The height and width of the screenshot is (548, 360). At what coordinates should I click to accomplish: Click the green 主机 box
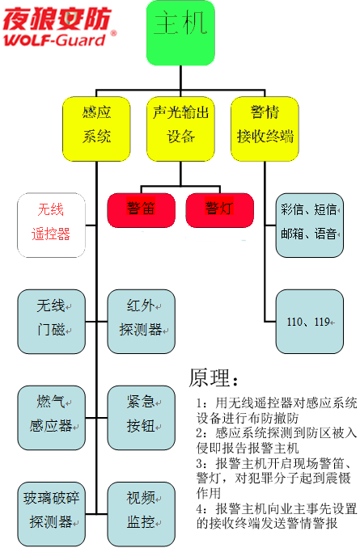(x=181, y=32)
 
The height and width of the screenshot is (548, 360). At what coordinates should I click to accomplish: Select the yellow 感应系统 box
(x=95, y=126)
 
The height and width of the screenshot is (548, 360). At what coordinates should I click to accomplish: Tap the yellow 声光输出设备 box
(x=180, y=126)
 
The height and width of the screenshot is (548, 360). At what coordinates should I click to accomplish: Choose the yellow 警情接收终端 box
(x=263, y=126)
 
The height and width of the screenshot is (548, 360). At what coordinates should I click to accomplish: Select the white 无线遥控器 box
(x=52, y=224)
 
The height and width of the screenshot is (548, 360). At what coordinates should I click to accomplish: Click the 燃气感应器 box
(x=52, y=418)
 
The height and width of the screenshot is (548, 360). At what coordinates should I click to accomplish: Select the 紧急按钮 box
(x=141, y=418)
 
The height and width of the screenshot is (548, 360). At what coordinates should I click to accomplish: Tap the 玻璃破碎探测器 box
(x=52, y=514)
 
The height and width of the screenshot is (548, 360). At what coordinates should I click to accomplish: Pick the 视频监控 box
(x=141, y=514)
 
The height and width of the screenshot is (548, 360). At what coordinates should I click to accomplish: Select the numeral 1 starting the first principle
(x=201, y=403)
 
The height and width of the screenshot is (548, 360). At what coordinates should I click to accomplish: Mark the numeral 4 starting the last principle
(x=201, y=508)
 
